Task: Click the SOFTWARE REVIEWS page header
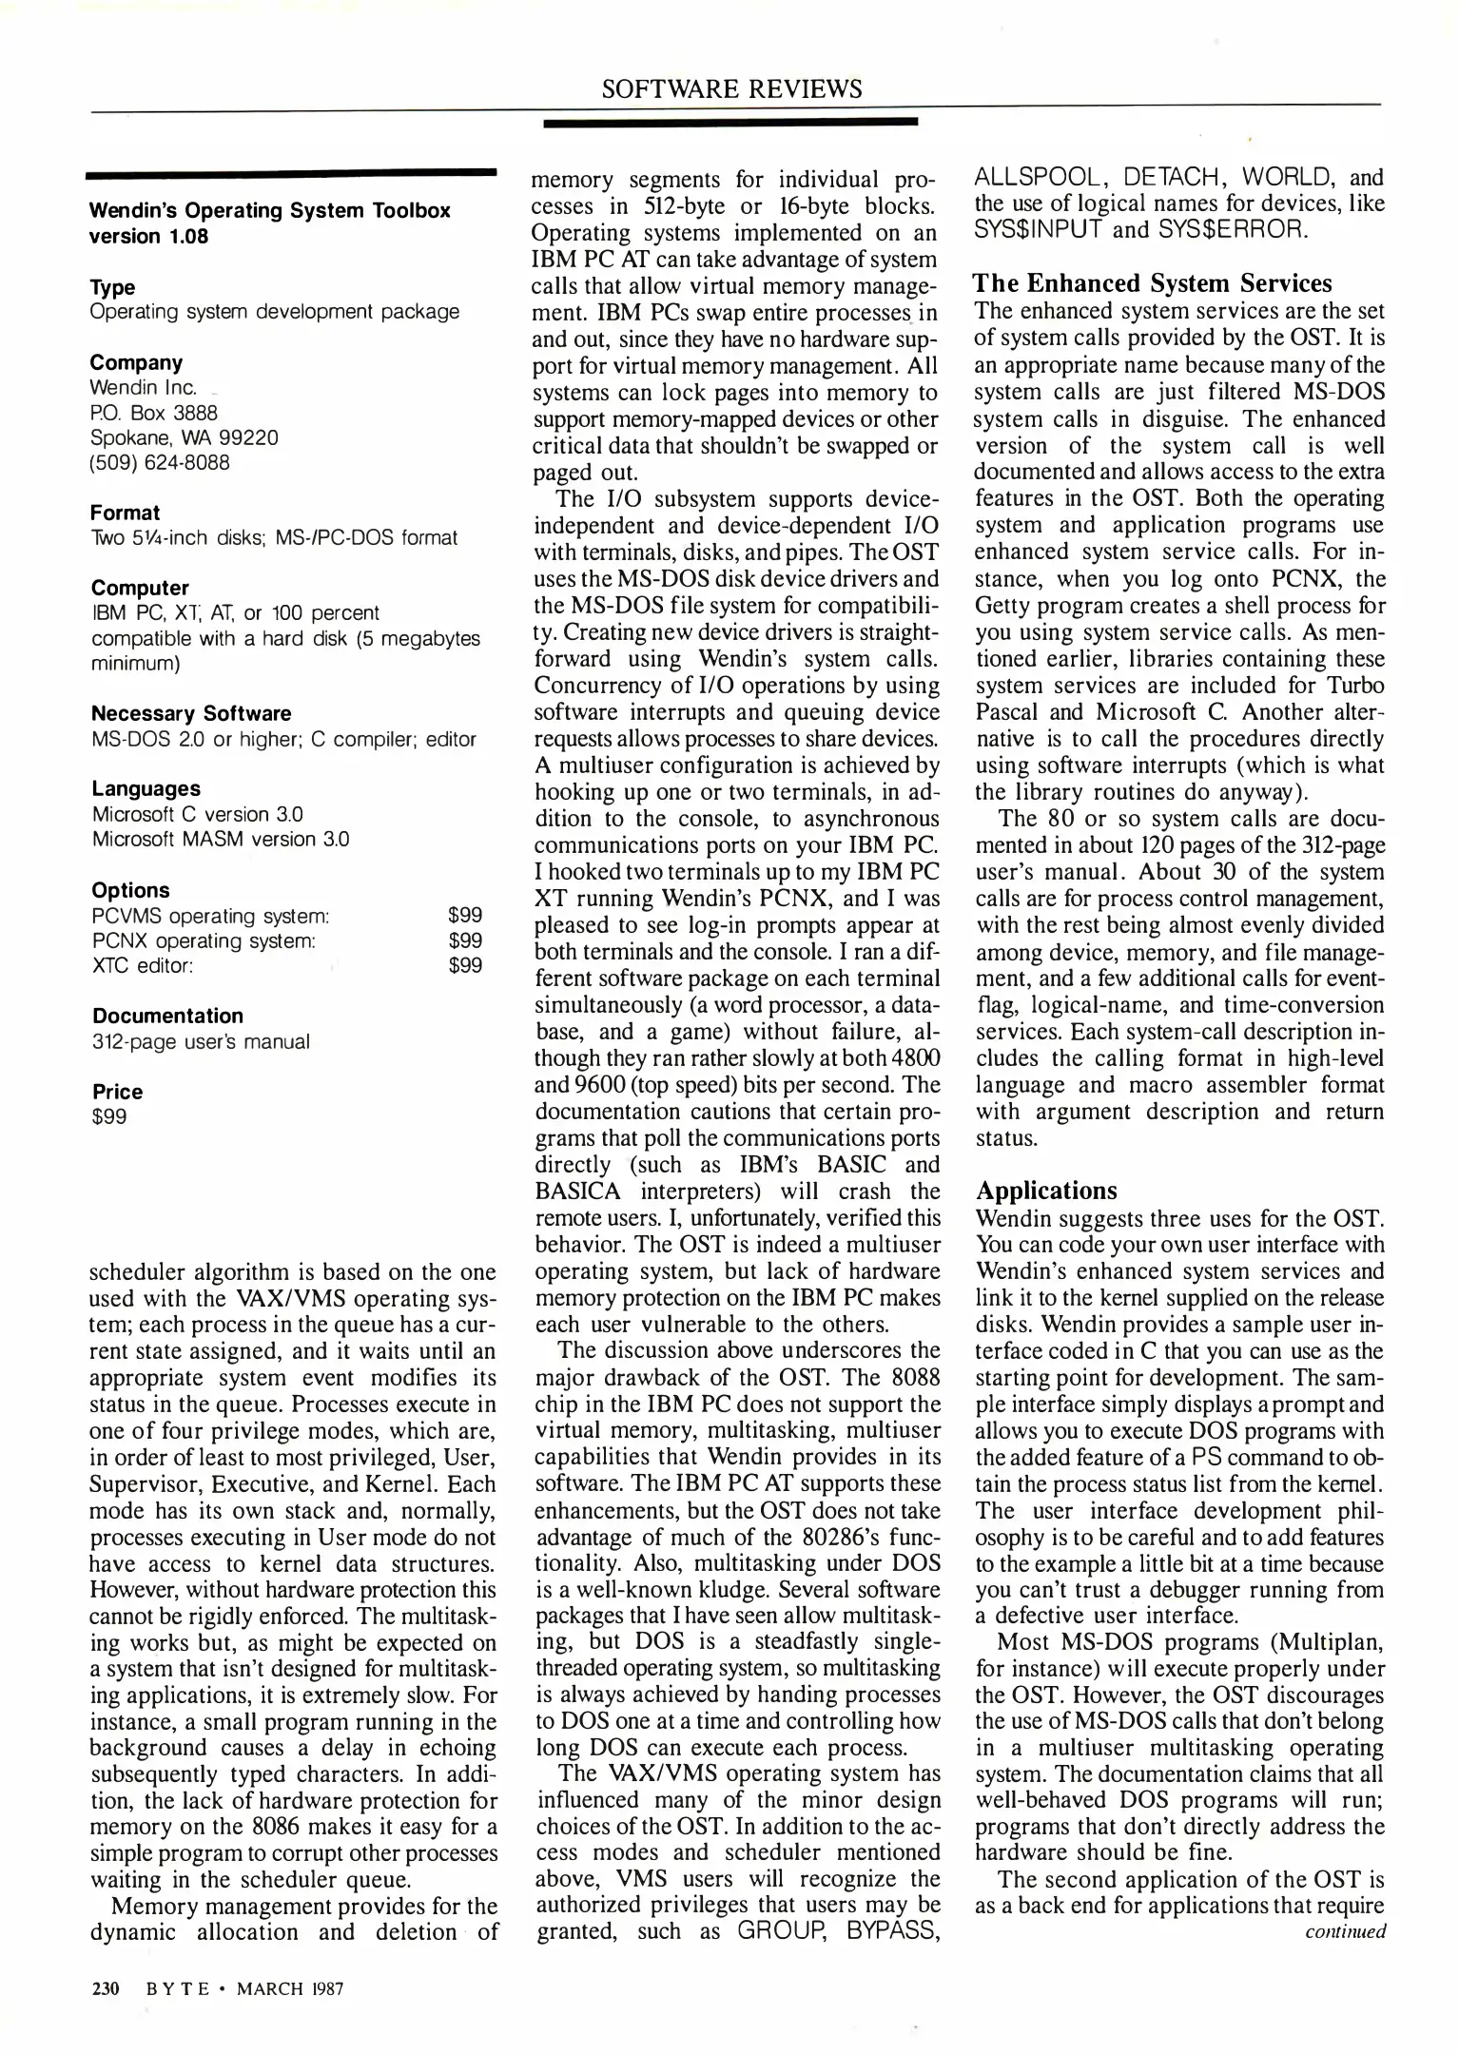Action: pyautogui.click(x=731, y=88)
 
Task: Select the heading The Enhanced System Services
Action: pyautogui.click(x=1152, y=283)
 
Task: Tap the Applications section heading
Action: pyautogui.click(x=1046, y=1191)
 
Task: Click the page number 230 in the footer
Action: pyautogui.click(x=104, y=1988)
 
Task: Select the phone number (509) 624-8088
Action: pyautogui.click(x=160, y=463)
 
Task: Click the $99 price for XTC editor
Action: pyautogui.click(x=465, y=965)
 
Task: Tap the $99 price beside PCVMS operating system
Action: pyautogui.click(x=465, y=915)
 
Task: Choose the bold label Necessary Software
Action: pyautogui.click(x=191, y=713)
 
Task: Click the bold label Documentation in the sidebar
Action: pyautogui.click(x=167, y=1016)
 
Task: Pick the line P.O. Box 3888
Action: pyautogui.click(x=154, y=413)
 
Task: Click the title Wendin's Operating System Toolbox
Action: pyautogui.click(x=269, y=210)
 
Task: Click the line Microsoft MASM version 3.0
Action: pyautogui.click(x=221, y=839)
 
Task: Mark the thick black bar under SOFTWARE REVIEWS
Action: pyautogui.click(x=729, y=123)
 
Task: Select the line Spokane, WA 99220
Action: pyautogui.click(x=184, y=437)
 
